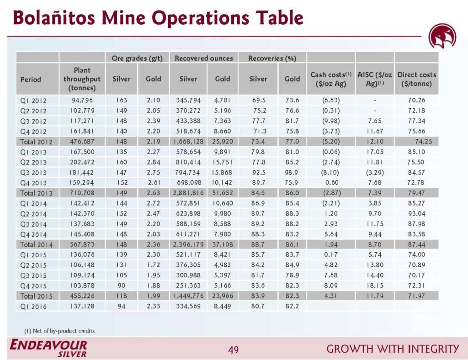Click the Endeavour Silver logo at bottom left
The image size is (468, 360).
point(48,348)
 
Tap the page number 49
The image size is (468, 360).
point(234,350)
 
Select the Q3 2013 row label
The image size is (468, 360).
point(33,173)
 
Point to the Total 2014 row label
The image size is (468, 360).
point(36,244)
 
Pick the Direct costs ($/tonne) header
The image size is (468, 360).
point(416,79)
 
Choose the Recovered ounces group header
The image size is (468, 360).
point(204,58)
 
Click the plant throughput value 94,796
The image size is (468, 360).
point(82,100)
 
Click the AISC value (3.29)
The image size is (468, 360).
point(375,173)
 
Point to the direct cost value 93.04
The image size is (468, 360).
point(416,213)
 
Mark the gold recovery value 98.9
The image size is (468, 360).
point(292,173)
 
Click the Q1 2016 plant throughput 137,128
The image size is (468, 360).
point(82,306)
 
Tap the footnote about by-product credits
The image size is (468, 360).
point(59,330)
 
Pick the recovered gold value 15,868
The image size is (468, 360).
point(223,173)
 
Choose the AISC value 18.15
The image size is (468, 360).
point(375,286)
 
